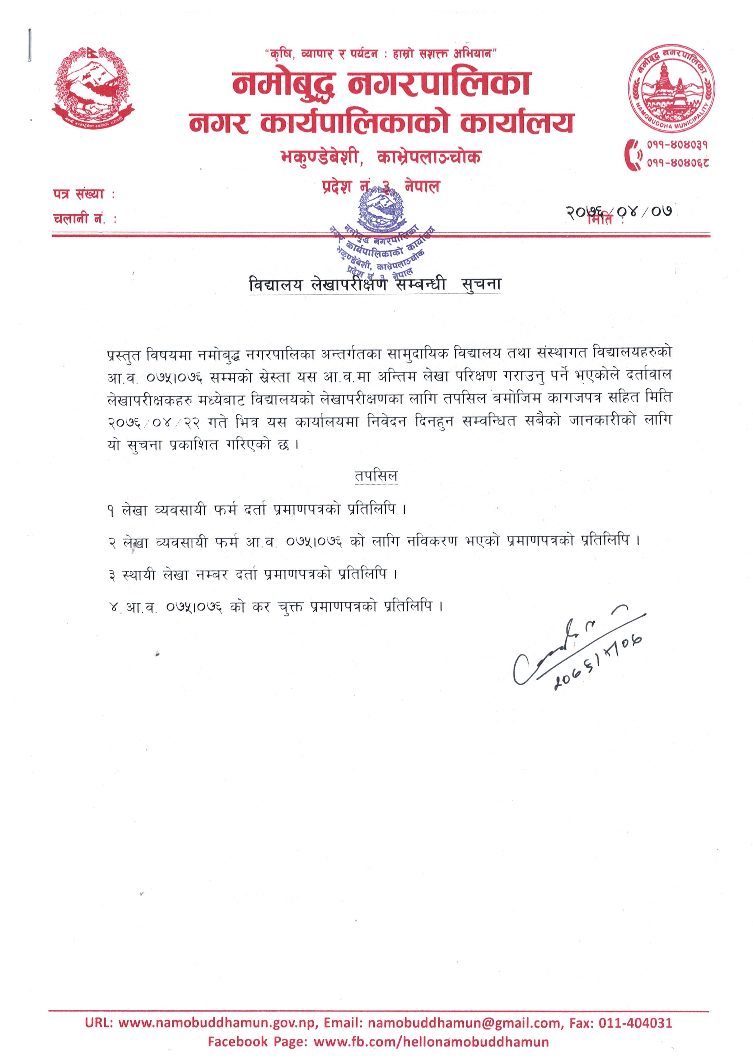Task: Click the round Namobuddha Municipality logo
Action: (x=671, y=91)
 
